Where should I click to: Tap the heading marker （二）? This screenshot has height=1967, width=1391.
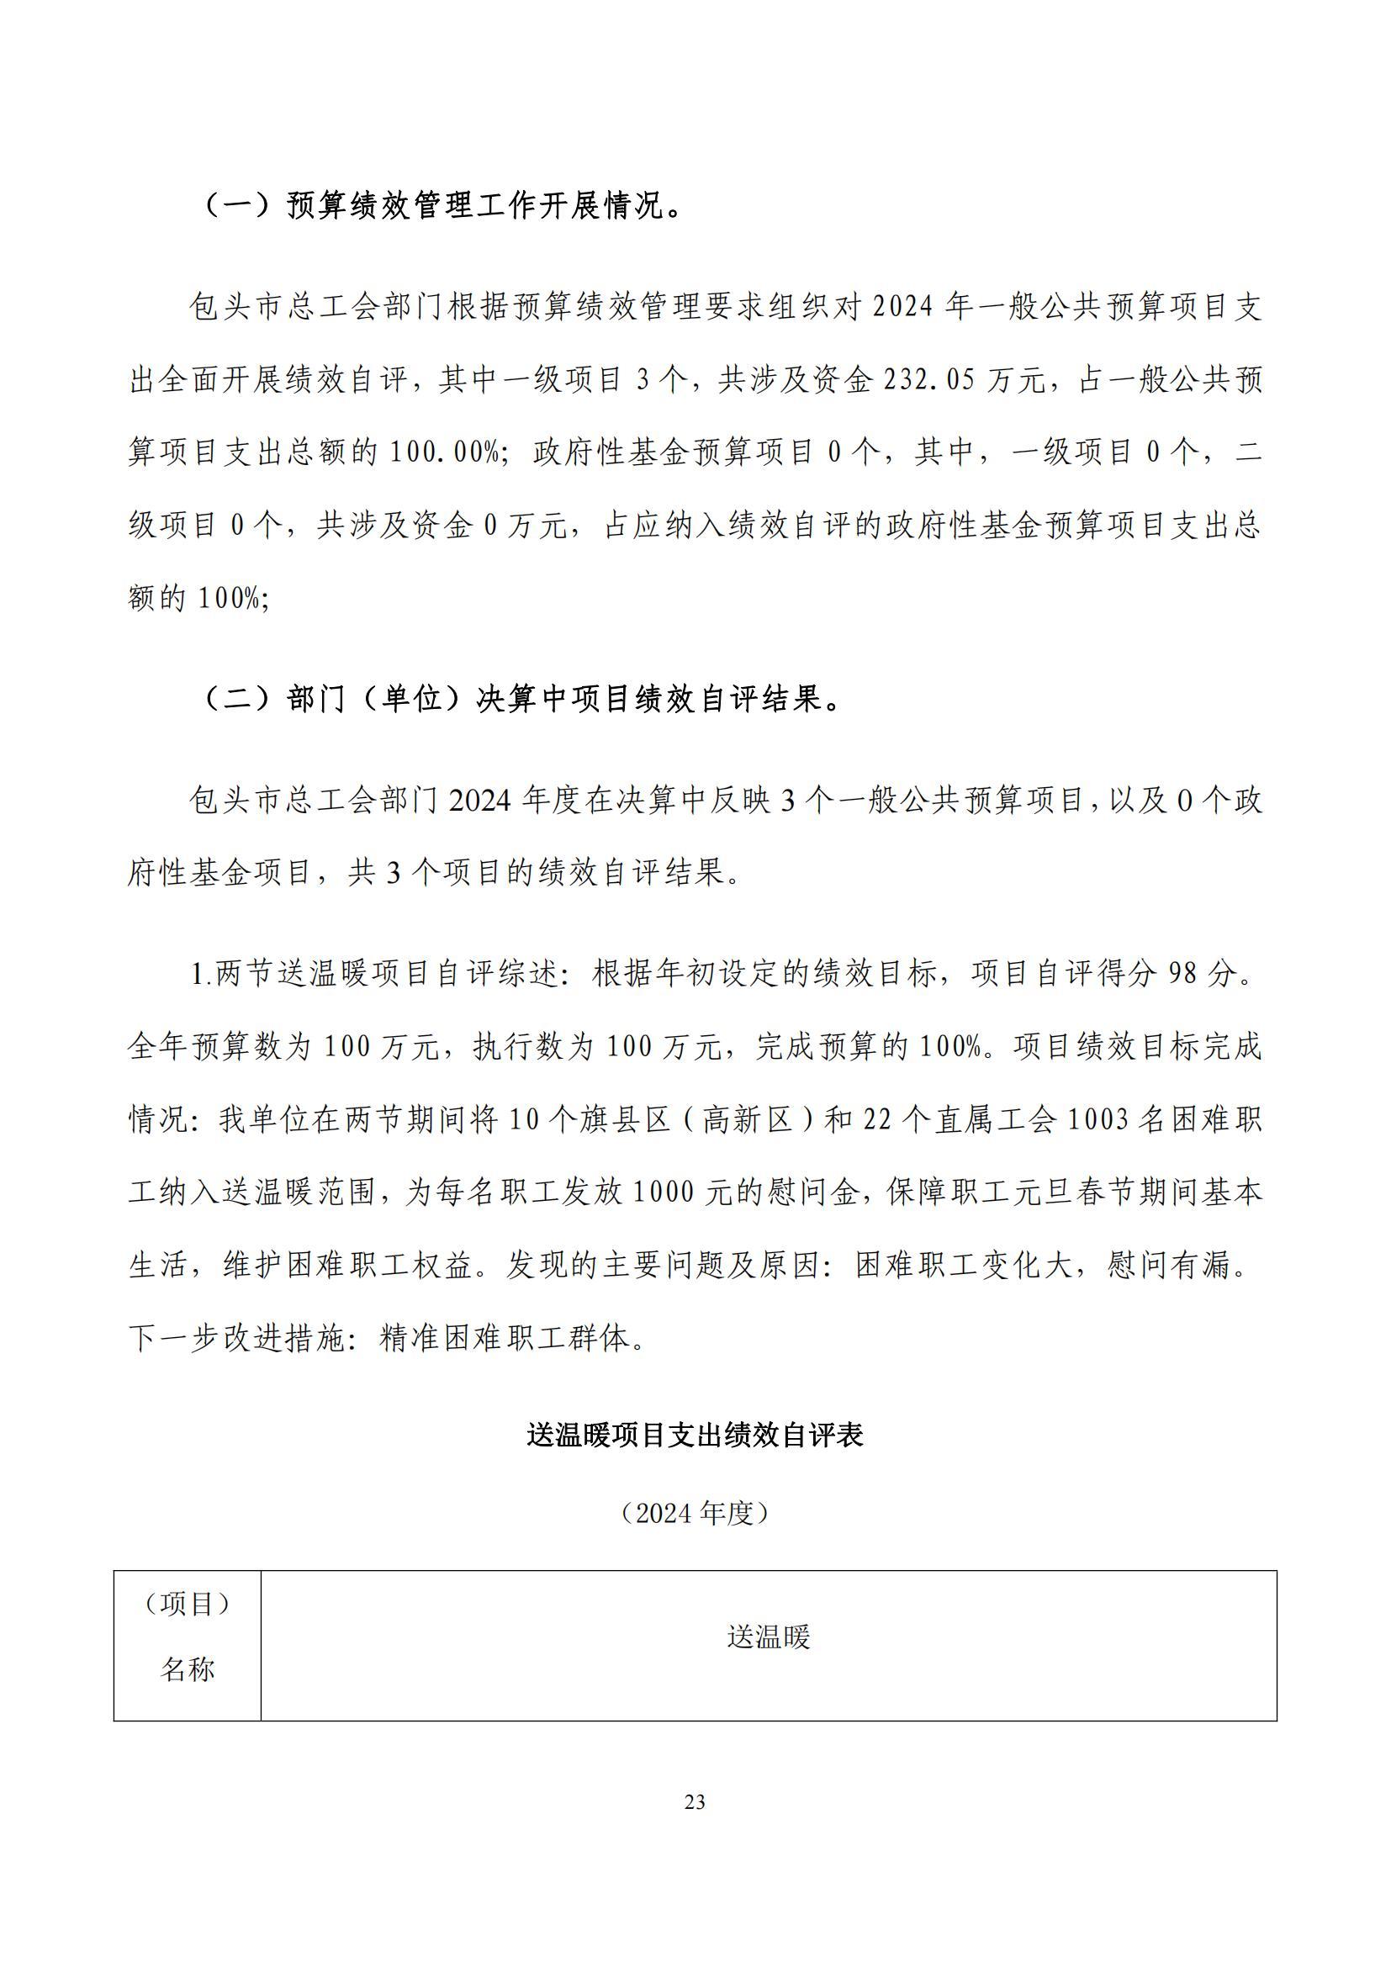coord(237,701)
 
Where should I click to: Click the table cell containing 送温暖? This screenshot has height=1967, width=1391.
coord(769,1637)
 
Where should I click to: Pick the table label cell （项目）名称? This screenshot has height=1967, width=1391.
coord(188,1637)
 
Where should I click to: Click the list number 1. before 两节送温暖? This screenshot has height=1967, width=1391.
coord(202,974)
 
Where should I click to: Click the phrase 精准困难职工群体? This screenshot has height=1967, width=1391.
coord(505,1338)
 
